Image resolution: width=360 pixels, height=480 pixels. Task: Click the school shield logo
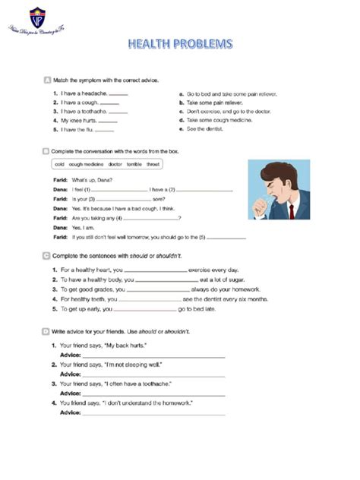[34, 15]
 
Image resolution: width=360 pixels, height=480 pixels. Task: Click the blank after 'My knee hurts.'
[107, 121]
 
